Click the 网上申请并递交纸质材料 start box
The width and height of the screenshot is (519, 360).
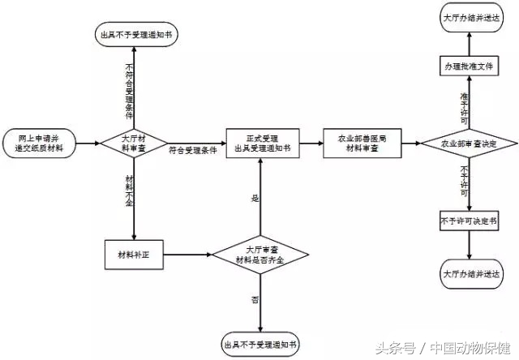(x=41, y=143)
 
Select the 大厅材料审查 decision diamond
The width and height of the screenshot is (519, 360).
(x=132, y=143)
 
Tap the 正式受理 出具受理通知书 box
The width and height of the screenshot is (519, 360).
(x=259, y=143)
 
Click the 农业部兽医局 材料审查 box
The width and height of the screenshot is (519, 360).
(x=362, y=143)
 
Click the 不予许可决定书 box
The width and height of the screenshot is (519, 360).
(x=468, y=221)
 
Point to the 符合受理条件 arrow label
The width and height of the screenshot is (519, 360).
(x=192, y=150)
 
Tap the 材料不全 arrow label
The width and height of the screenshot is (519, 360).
(x=129, y=189)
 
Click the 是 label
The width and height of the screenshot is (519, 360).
(x=255, y=198)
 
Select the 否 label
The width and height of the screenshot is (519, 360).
(x=255, y=300)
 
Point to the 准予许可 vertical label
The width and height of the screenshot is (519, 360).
(x=464, y=108)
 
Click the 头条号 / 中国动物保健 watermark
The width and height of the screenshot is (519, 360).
(x=445, y=348)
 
